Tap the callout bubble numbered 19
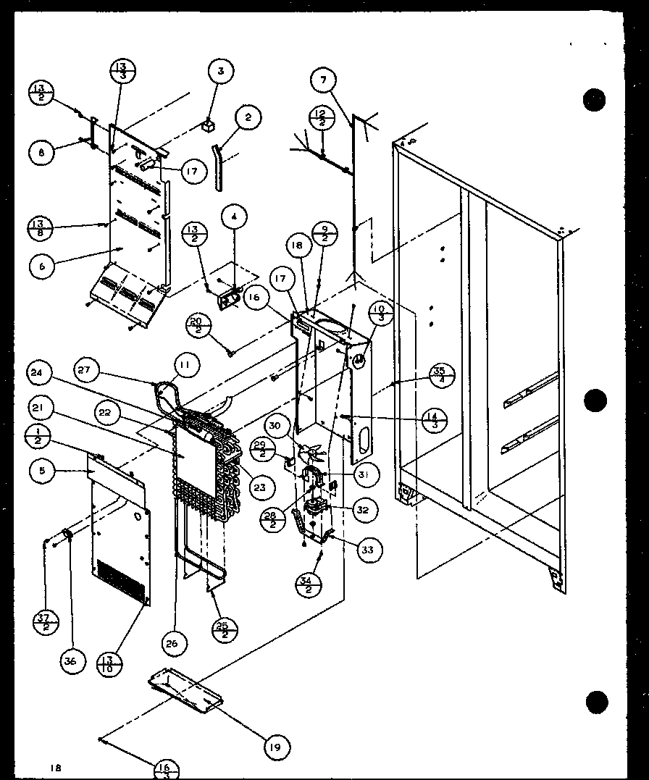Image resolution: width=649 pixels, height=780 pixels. click(275, 745)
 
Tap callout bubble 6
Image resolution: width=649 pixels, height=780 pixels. click(43, 266)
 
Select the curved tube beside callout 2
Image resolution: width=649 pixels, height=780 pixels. click(217, 167)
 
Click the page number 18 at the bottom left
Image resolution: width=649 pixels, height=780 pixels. click(56, 767)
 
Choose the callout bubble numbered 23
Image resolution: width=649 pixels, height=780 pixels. click(259, 487)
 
